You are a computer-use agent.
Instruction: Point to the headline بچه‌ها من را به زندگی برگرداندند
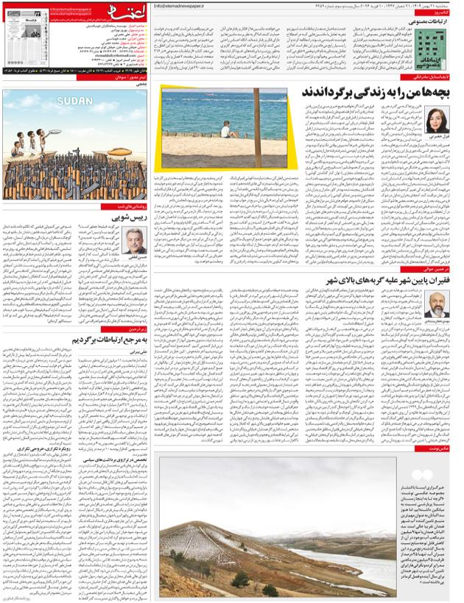[x=371, y=93]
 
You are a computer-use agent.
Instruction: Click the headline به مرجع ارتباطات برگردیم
[x=110, y=341]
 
